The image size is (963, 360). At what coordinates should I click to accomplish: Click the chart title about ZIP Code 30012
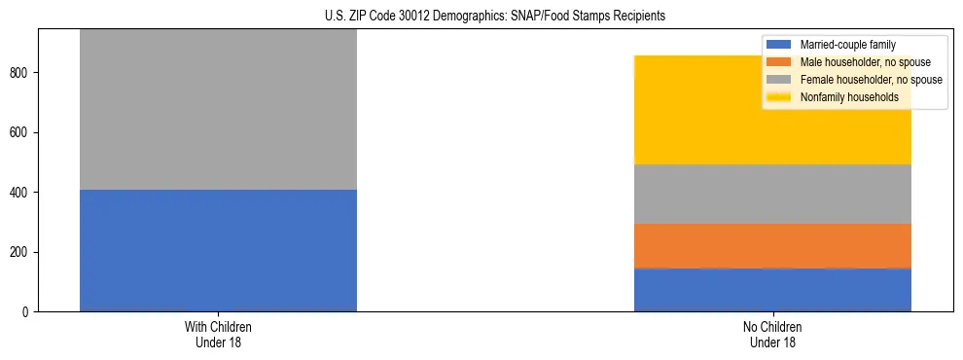(481, 17)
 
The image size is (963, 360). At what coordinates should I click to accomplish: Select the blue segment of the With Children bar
(218, 250)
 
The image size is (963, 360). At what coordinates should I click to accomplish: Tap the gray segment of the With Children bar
(218, 109)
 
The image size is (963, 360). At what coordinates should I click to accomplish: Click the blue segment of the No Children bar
(772, 289)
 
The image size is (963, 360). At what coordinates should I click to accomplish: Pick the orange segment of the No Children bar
(772, 245)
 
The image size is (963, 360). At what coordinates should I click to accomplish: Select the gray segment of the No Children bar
(772, 194)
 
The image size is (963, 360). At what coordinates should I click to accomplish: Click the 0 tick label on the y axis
(27, 312)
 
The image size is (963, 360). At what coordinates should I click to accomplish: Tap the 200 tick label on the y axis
(21, 252)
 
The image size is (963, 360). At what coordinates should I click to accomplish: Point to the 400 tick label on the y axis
(21, 193)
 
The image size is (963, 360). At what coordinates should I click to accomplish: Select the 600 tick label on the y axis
(21, 132)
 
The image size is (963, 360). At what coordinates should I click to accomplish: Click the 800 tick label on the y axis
(21, 73)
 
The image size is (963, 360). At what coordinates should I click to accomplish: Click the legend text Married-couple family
(847, 45)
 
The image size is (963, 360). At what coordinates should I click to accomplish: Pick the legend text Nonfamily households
(843, 97)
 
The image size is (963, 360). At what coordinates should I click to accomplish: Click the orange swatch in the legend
(780, 62)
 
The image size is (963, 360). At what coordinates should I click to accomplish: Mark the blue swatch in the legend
(780, 45)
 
